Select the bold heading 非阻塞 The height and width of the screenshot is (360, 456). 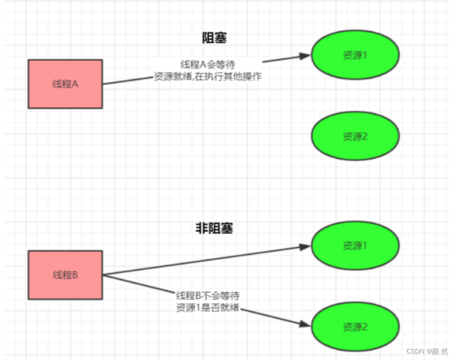tap(214, 228)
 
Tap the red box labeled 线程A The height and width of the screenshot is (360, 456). tap(65, 84)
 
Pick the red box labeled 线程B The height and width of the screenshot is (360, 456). tap(65, 275)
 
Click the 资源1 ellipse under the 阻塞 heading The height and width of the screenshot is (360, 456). tap(355, 55)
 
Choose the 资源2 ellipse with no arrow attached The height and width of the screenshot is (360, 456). tap(355, 136)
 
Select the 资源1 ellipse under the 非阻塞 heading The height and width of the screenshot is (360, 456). tap(355, 246)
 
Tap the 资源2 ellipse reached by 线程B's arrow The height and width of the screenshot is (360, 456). tap(355, 326)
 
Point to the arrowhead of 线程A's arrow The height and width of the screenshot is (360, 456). tap(306, 55)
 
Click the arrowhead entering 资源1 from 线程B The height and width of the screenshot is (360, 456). tap(306, 247)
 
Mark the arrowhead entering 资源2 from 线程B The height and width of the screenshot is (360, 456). tap(306, 324)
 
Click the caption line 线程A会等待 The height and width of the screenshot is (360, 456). tap(207, 64)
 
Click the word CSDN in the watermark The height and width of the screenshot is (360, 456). tap(414, 351)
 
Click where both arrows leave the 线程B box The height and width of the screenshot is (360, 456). tap(103, 275)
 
